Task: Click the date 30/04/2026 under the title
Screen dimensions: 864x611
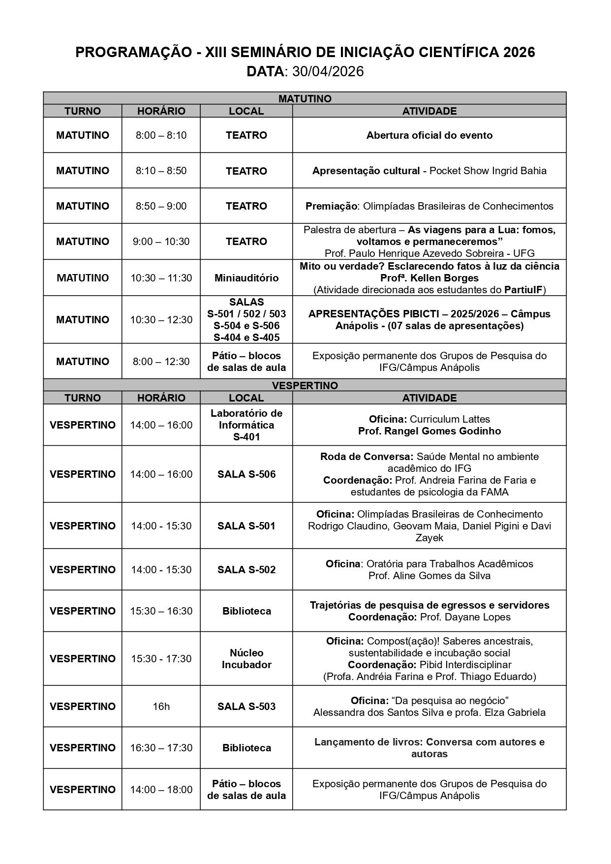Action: pos(328,72)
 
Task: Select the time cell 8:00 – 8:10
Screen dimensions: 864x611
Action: pos(161,135)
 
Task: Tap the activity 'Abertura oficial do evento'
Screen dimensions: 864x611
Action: pos(429,135)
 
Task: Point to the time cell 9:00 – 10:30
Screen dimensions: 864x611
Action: pos(161,242)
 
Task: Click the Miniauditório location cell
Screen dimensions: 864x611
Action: pos(246,278)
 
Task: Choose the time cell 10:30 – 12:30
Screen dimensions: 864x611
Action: pos(161,320)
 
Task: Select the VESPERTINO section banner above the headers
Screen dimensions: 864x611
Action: pos(305,386)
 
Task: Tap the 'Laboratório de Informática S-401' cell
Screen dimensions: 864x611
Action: pos(246,425)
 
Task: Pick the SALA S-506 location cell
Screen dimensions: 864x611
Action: pos(246,474)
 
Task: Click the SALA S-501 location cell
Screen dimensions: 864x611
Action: pos(246,526)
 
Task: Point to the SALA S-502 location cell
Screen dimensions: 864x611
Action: pos(246,570)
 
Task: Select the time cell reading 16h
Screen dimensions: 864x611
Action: pos(161,707)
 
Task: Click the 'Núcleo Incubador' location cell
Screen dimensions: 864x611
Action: pos(246,659)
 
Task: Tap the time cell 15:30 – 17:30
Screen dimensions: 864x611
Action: pos(161,659)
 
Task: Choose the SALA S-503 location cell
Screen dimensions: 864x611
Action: pos(246,707)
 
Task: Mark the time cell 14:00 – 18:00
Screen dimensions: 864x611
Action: pos(161,790)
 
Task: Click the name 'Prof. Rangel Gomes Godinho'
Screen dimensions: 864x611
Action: pos(429,432)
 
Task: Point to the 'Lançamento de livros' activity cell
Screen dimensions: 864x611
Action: pos(429,748)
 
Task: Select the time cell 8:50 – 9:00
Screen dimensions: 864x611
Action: pos(161,206)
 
